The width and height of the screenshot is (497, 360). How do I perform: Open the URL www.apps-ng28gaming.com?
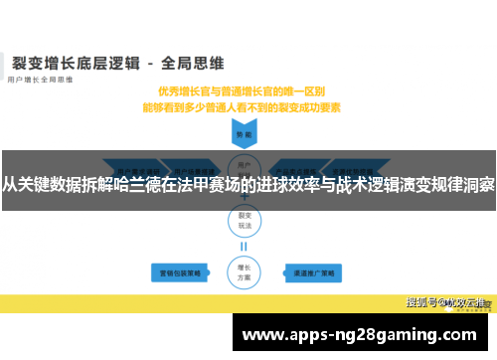click(x=359, y=335)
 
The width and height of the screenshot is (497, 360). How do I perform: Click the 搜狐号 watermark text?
click(x=423, y=300)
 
